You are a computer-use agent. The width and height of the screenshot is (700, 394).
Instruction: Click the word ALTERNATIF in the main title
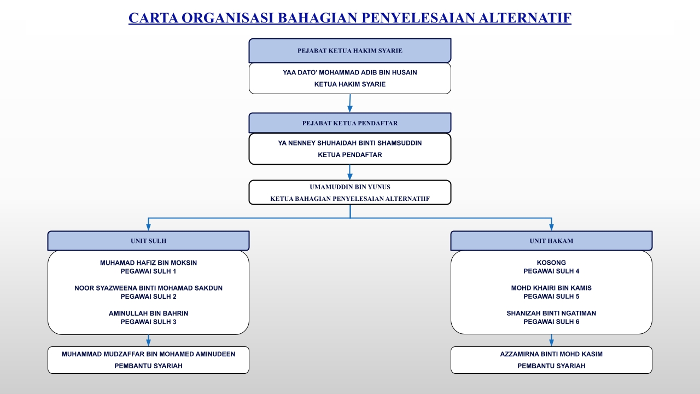coord(525,18)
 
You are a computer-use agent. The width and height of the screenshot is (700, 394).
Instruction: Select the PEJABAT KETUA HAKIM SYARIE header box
coord(350,51)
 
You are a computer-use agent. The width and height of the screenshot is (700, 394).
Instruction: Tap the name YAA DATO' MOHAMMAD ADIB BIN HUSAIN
coord(350,73)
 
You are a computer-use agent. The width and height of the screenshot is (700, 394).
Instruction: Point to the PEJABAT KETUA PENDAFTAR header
coord(350,123)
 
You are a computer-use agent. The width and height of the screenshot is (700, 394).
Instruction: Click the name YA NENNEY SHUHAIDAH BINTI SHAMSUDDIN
coord(350,143)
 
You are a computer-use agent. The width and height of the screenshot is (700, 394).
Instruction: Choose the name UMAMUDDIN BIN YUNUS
coord(350,187)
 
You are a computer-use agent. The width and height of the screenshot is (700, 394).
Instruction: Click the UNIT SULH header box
coord(148,241)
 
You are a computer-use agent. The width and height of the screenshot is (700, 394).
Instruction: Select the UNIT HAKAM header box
coord(551,241)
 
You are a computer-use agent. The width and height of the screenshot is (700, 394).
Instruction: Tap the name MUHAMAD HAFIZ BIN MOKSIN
coord(148,263)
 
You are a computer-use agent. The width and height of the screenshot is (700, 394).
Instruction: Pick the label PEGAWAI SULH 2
coord(148,297)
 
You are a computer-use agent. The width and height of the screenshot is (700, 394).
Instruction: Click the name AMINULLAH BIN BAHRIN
coord(148,314)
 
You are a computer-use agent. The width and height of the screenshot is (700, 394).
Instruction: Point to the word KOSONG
coord(551,263)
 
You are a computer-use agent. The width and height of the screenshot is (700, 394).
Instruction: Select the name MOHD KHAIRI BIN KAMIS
coord(551,288)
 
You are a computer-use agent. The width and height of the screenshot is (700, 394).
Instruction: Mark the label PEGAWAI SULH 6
coord(551,322)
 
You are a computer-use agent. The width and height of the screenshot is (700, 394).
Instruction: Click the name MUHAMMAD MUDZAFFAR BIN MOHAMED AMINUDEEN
coord(148,354)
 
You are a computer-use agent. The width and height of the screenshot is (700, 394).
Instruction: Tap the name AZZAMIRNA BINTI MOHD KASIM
coord(551,354)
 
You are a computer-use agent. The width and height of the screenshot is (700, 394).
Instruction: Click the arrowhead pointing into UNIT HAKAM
coord(551,227)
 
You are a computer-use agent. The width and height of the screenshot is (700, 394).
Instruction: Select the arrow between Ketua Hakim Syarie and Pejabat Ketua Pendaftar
coord(350,103)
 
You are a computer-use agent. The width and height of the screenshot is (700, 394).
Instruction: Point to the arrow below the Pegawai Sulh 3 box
coord(148,340)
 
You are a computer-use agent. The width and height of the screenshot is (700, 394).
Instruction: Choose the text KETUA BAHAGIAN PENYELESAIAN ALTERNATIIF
coord(350,199)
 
